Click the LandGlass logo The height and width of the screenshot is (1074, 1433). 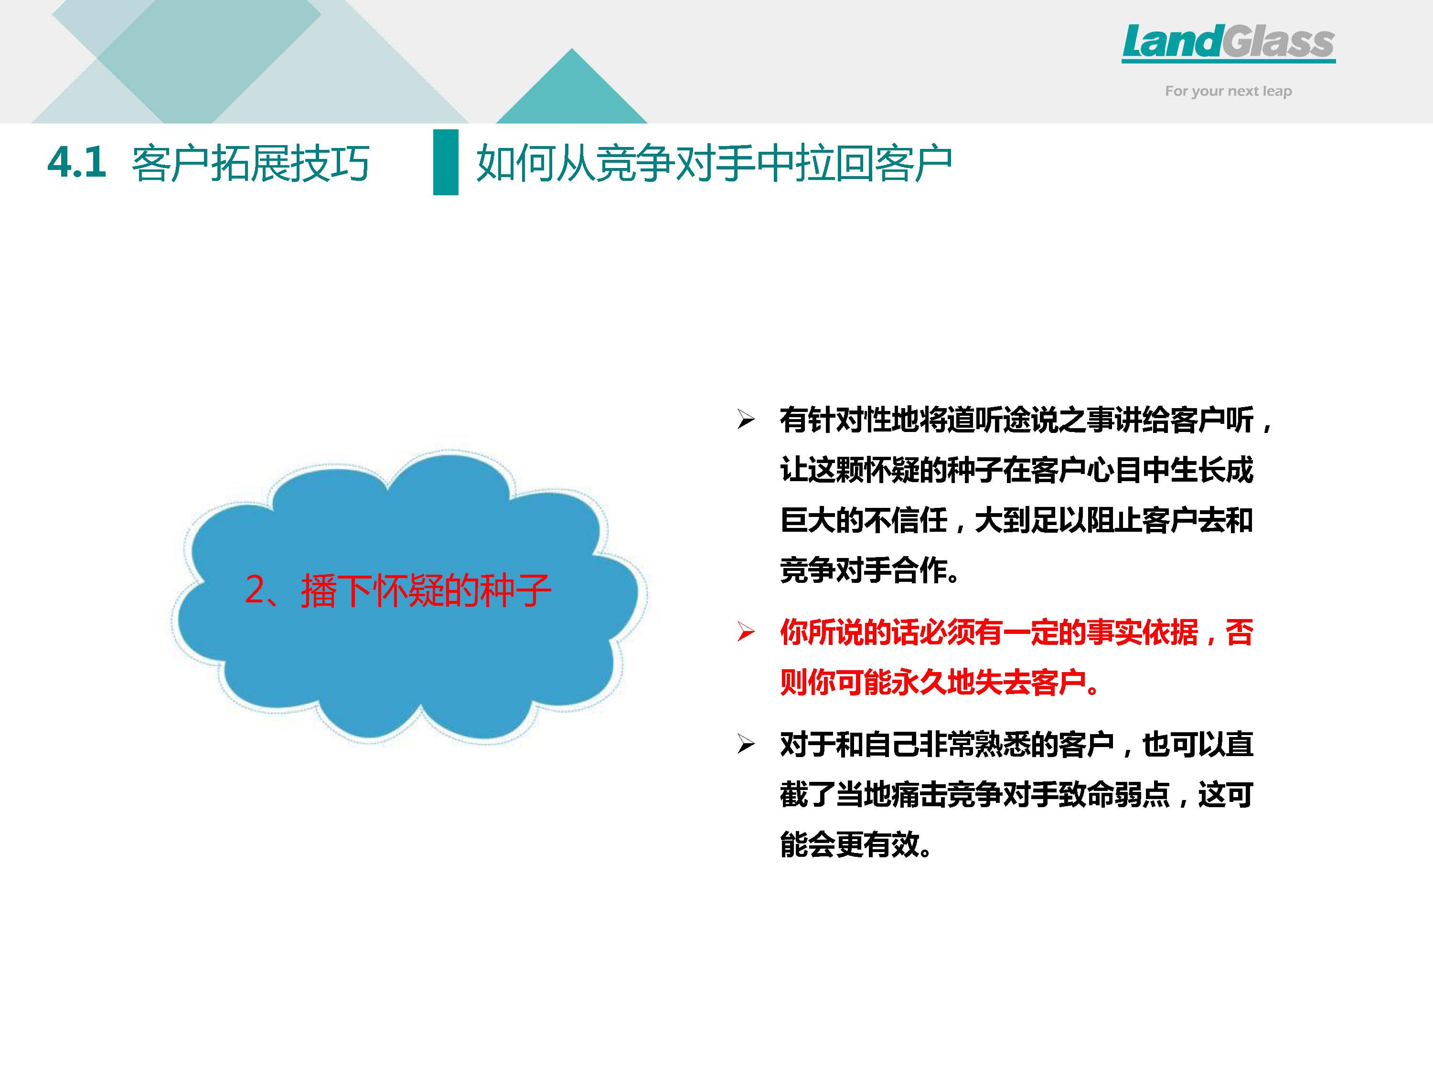coord(1228,43)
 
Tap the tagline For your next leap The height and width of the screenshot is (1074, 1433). coord(1228,91)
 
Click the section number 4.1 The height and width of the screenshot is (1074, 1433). coord(76,162)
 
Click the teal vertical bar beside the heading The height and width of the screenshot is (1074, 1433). coord(446,162)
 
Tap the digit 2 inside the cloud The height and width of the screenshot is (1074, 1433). coord(255,590)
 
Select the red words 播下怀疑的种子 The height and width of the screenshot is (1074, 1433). coord(426,590)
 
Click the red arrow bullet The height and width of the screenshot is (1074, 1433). coord(746,632)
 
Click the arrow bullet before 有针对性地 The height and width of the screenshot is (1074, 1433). coord(746,420)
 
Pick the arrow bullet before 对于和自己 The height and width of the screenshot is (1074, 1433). coord(746,745)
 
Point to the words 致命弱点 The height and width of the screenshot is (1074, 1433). coord(1114,794)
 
